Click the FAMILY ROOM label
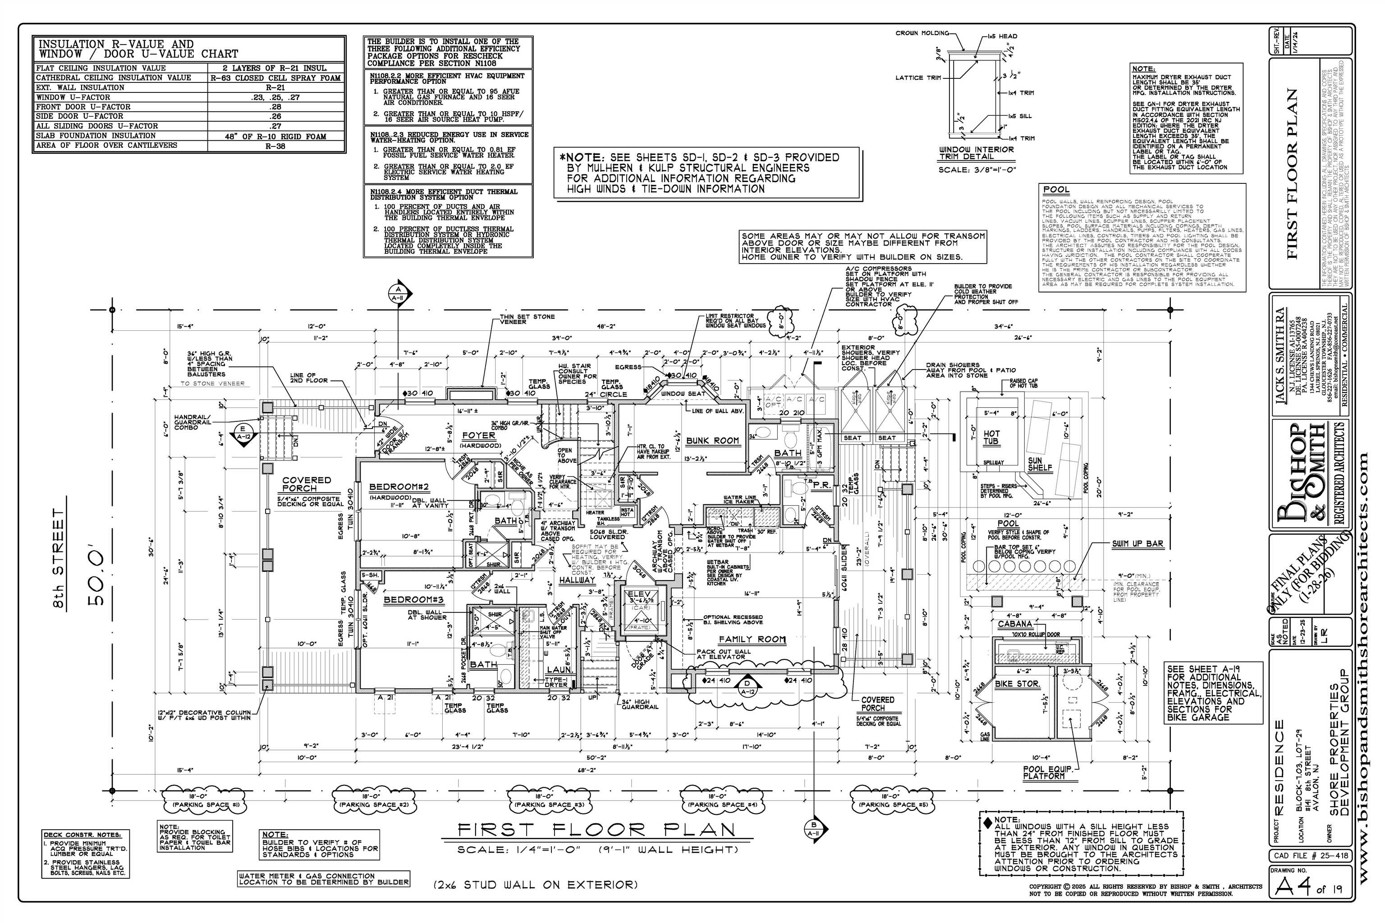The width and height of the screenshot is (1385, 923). pos(752,639)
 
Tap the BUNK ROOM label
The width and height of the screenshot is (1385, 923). pos(712,440)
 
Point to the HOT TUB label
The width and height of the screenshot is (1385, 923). pos(992,437)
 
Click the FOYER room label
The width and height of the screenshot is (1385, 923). pos(478,436)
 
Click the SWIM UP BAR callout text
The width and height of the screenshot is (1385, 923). pos(1137,544)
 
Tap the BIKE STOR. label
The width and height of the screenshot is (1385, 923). pos(1017,684)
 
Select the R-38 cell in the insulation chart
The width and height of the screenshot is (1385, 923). pos(275,146)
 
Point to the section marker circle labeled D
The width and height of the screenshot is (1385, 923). pos(747,683)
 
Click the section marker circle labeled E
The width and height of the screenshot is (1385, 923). pos(243,429)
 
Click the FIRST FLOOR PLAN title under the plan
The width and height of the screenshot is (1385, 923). pos(597,830)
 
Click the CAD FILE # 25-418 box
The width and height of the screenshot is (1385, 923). pos(1310,855)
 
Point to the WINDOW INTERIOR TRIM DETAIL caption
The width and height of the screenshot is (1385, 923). pos(977,153)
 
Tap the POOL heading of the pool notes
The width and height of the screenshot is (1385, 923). pos(1056,190)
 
